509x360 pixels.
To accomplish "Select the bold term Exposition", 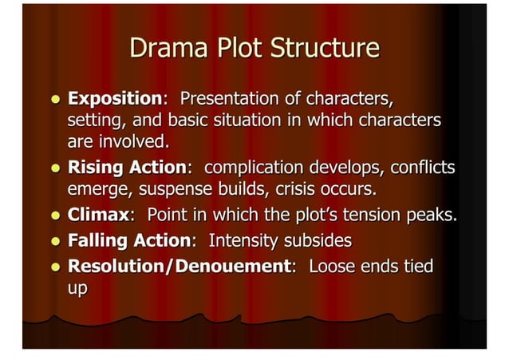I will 115,100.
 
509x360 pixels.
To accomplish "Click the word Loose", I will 330,264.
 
